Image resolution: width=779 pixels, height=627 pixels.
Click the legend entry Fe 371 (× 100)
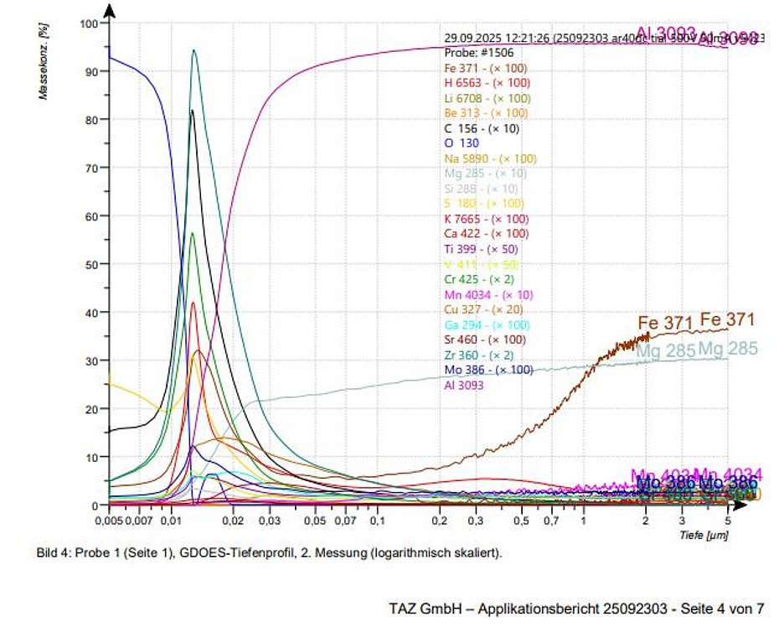[486, 68]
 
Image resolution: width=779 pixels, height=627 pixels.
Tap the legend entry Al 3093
[463, 385]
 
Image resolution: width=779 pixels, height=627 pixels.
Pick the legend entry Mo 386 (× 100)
[488, 370]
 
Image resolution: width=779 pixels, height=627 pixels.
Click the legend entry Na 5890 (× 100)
[490, 158]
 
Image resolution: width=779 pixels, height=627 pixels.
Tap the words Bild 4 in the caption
[51, 554]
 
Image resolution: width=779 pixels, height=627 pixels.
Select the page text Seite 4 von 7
[726, 607]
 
